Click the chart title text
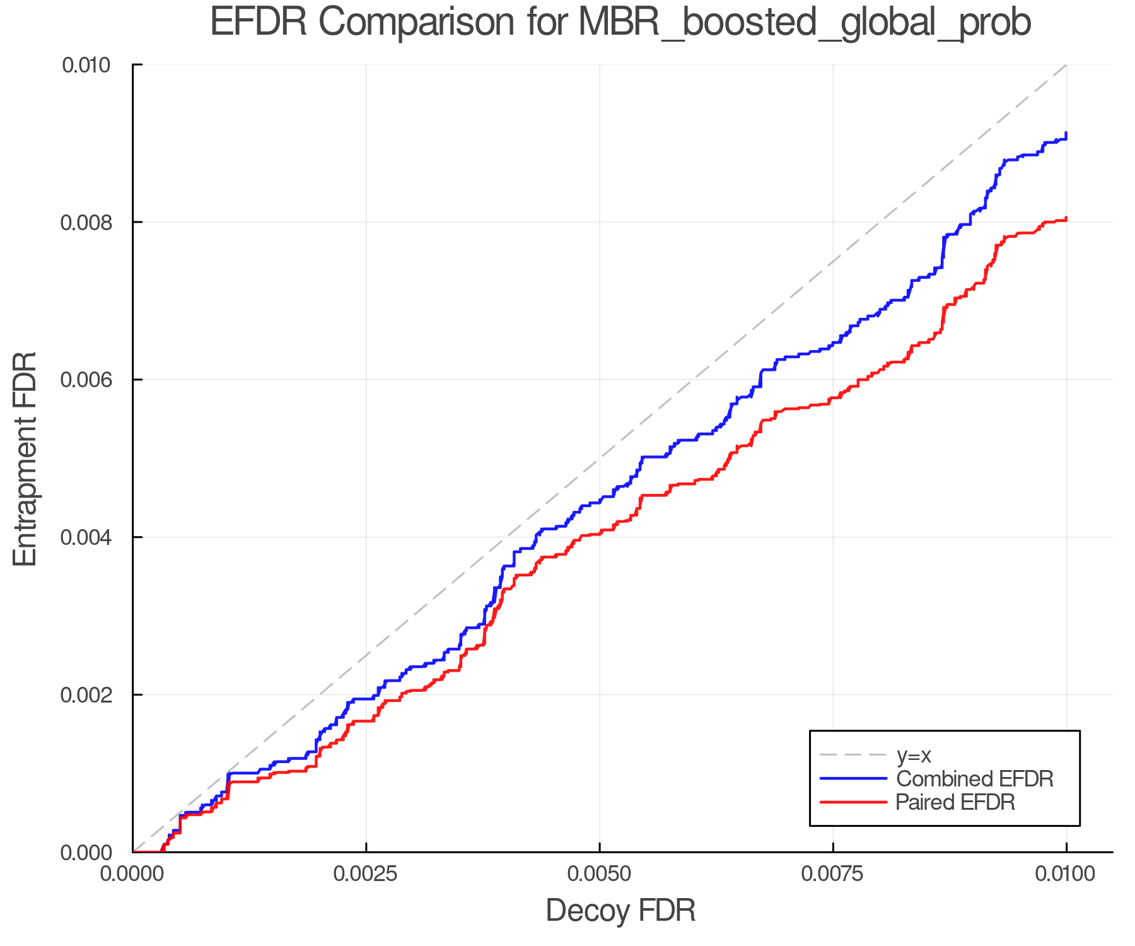[x=620, y=23]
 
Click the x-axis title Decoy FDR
[x=620, y=911]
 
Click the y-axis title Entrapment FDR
[x=26, y=458]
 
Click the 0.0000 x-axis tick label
[x=132, y=874]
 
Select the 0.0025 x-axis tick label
[x=366, y=874]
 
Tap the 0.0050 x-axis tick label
[x=599, y=874]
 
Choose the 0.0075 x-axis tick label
[x=833, y=874]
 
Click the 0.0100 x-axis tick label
[x=1066, y=874]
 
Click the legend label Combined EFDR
[x=974, y=779]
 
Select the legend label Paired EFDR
[x=955, y=802]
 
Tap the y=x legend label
[x=914, y=755]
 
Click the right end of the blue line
[x=1066, y=134]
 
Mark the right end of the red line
[x=1066, y=219]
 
